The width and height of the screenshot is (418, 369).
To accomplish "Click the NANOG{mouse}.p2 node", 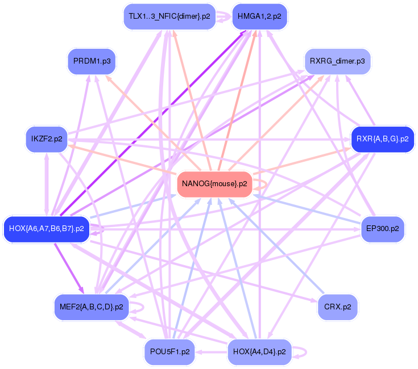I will click(214, 184).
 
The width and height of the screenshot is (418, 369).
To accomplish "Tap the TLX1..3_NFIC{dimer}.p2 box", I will click(169, 16).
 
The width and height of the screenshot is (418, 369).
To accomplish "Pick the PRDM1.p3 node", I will click(92, 61).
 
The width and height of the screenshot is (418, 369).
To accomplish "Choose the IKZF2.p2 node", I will click(47, 139).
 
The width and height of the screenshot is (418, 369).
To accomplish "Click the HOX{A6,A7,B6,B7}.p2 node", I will click(47, 229).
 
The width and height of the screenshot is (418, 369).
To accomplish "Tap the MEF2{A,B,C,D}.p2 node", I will click(91, 307).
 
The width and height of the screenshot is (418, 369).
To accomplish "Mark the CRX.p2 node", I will click(337, 307).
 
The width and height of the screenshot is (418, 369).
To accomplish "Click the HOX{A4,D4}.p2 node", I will click(259, 352).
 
